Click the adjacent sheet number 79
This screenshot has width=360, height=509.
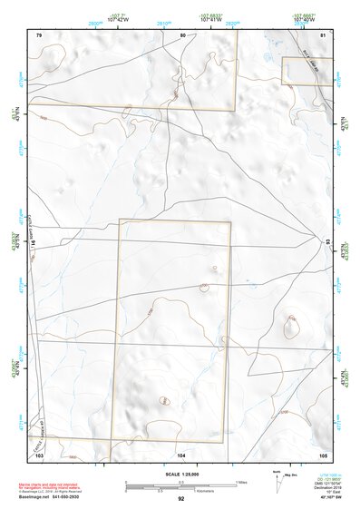[39, 34]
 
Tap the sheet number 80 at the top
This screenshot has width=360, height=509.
[181, 34]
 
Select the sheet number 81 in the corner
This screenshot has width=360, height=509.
[323, 34]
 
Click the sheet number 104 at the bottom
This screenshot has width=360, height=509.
[181, 454]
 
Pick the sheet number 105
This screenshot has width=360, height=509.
[323, 454]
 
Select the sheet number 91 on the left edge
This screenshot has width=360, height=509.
[34, 243]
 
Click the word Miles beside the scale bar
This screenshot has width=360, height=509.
[240, 481]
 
